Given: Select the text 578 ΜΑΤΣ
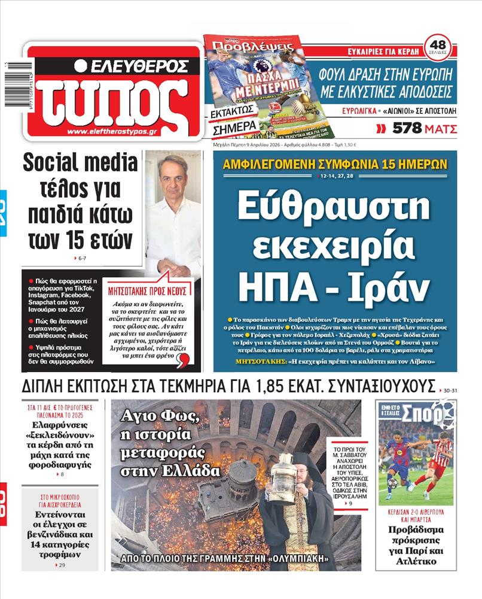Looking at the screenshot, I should tap(425, 128).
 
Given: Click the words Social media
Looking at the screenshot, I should tap(82, 164).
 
